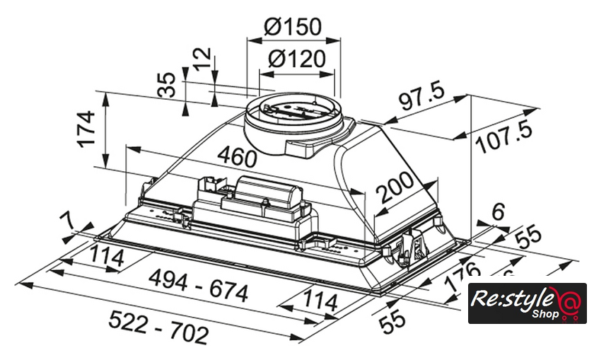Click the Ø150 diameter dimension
tap(293, 27)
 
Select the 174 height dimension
tap(86, 128)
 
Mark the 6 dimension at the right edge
tap(498, 210)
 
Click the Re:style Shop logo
tap(527, 303)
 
